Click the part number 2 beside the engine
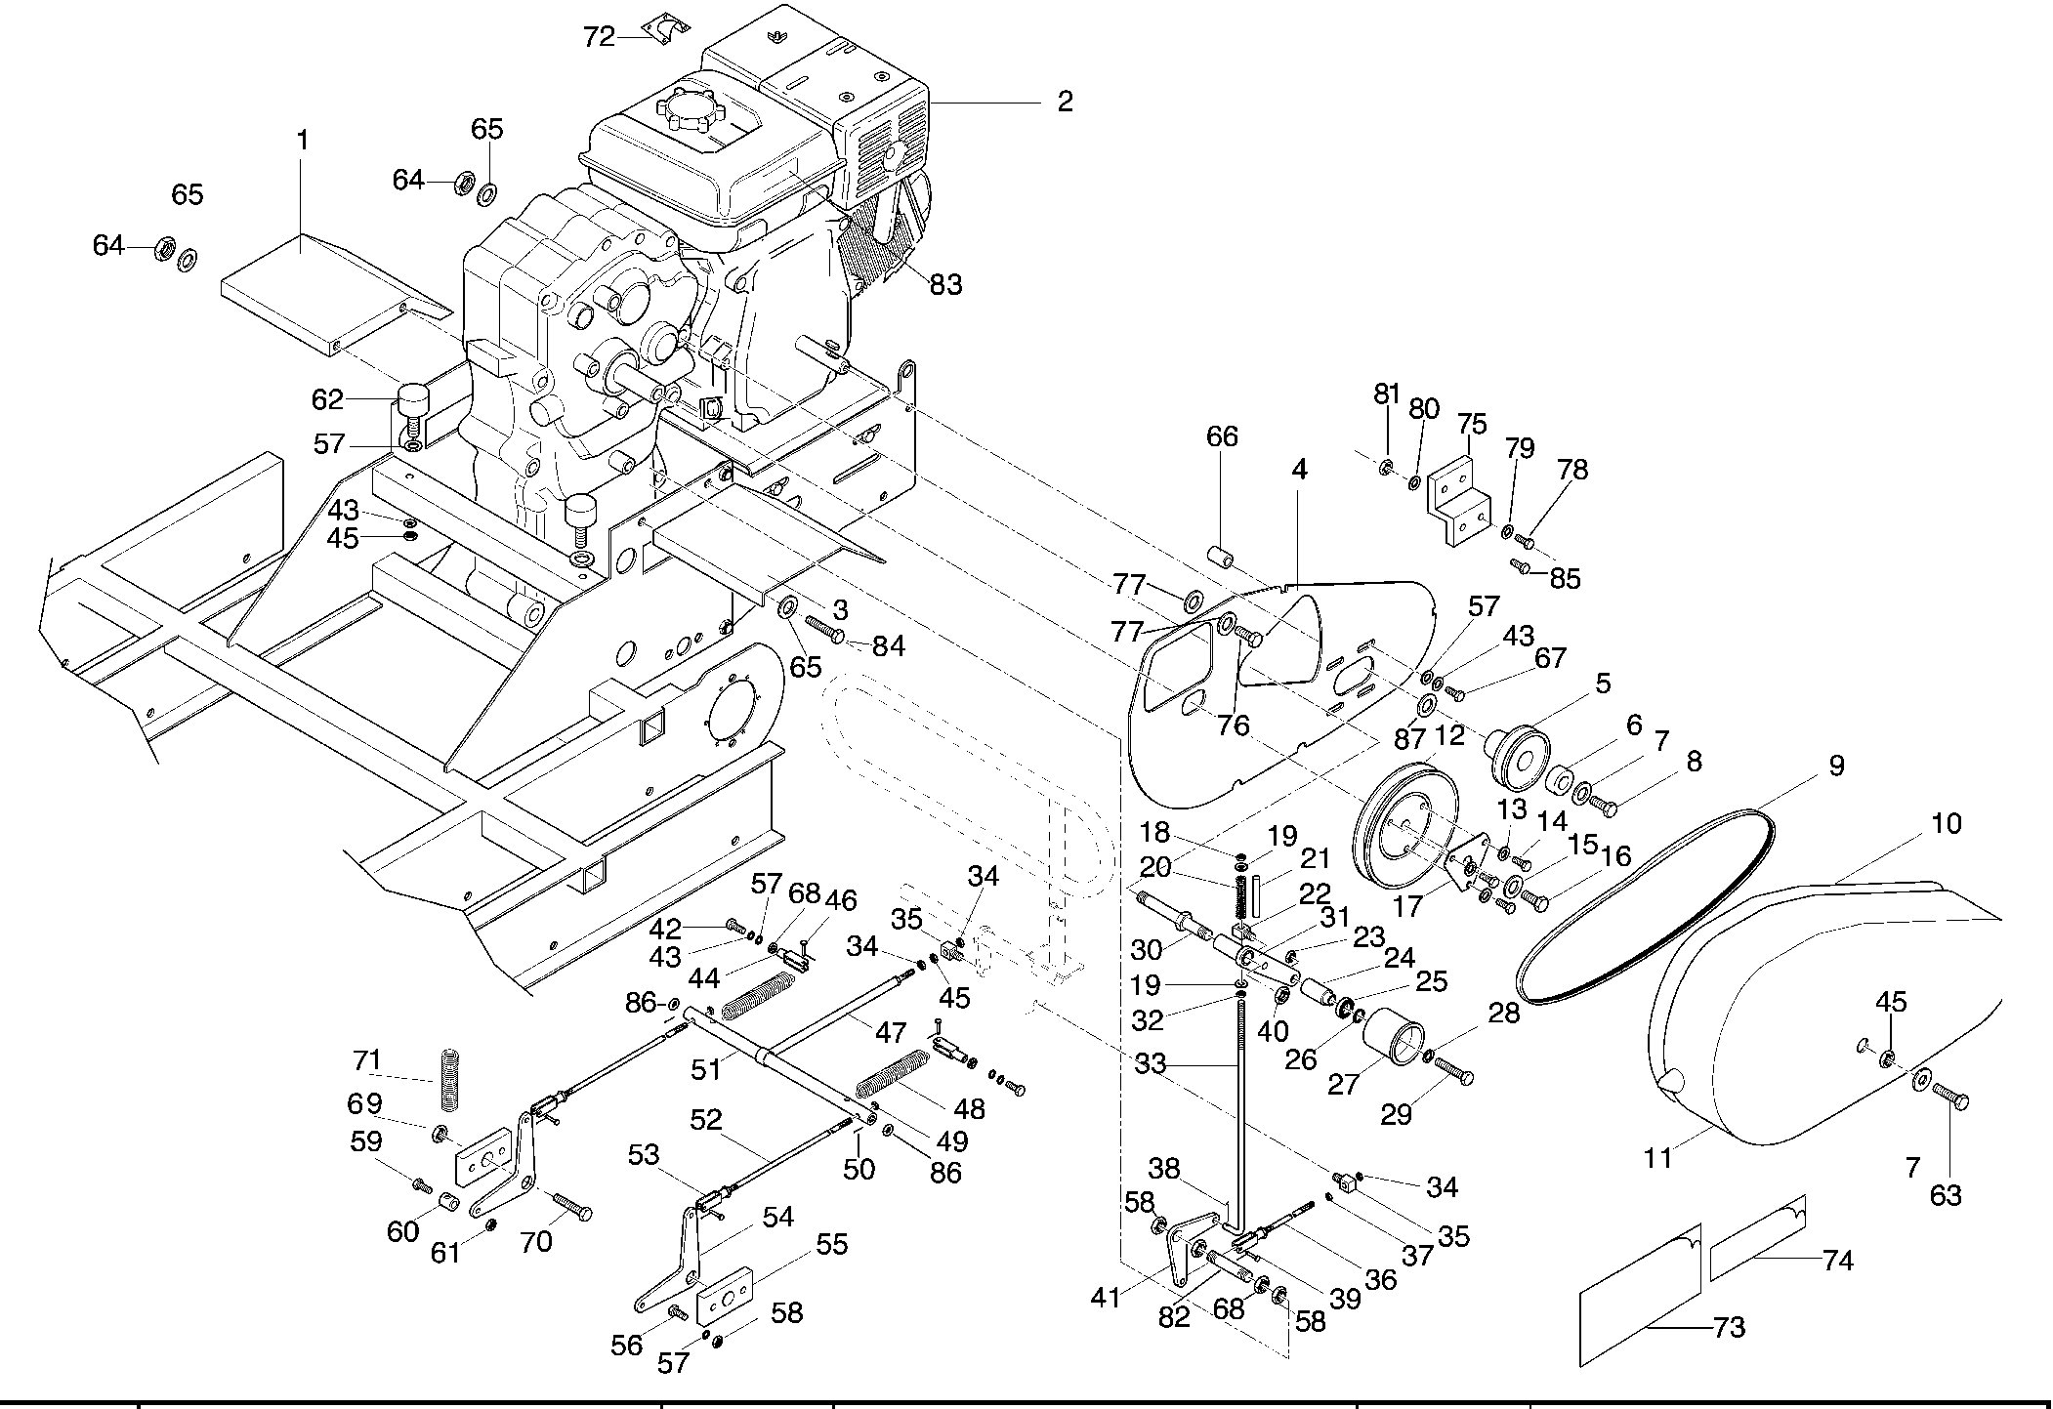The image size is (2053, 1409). click(1065, 102)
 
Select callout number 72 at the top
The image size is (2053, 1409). click(599, 37)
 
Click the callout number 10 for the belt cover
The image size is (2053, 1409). click(1946, 824)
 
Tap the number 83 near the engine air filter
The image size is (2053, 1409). click(945, 284)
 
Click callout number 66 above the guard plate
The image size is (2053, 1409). click(1222, 436)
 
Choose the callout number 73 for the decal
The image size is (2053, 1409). click(1729, 1328)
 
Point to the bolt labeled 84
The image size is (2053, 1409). click(826, 631)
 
